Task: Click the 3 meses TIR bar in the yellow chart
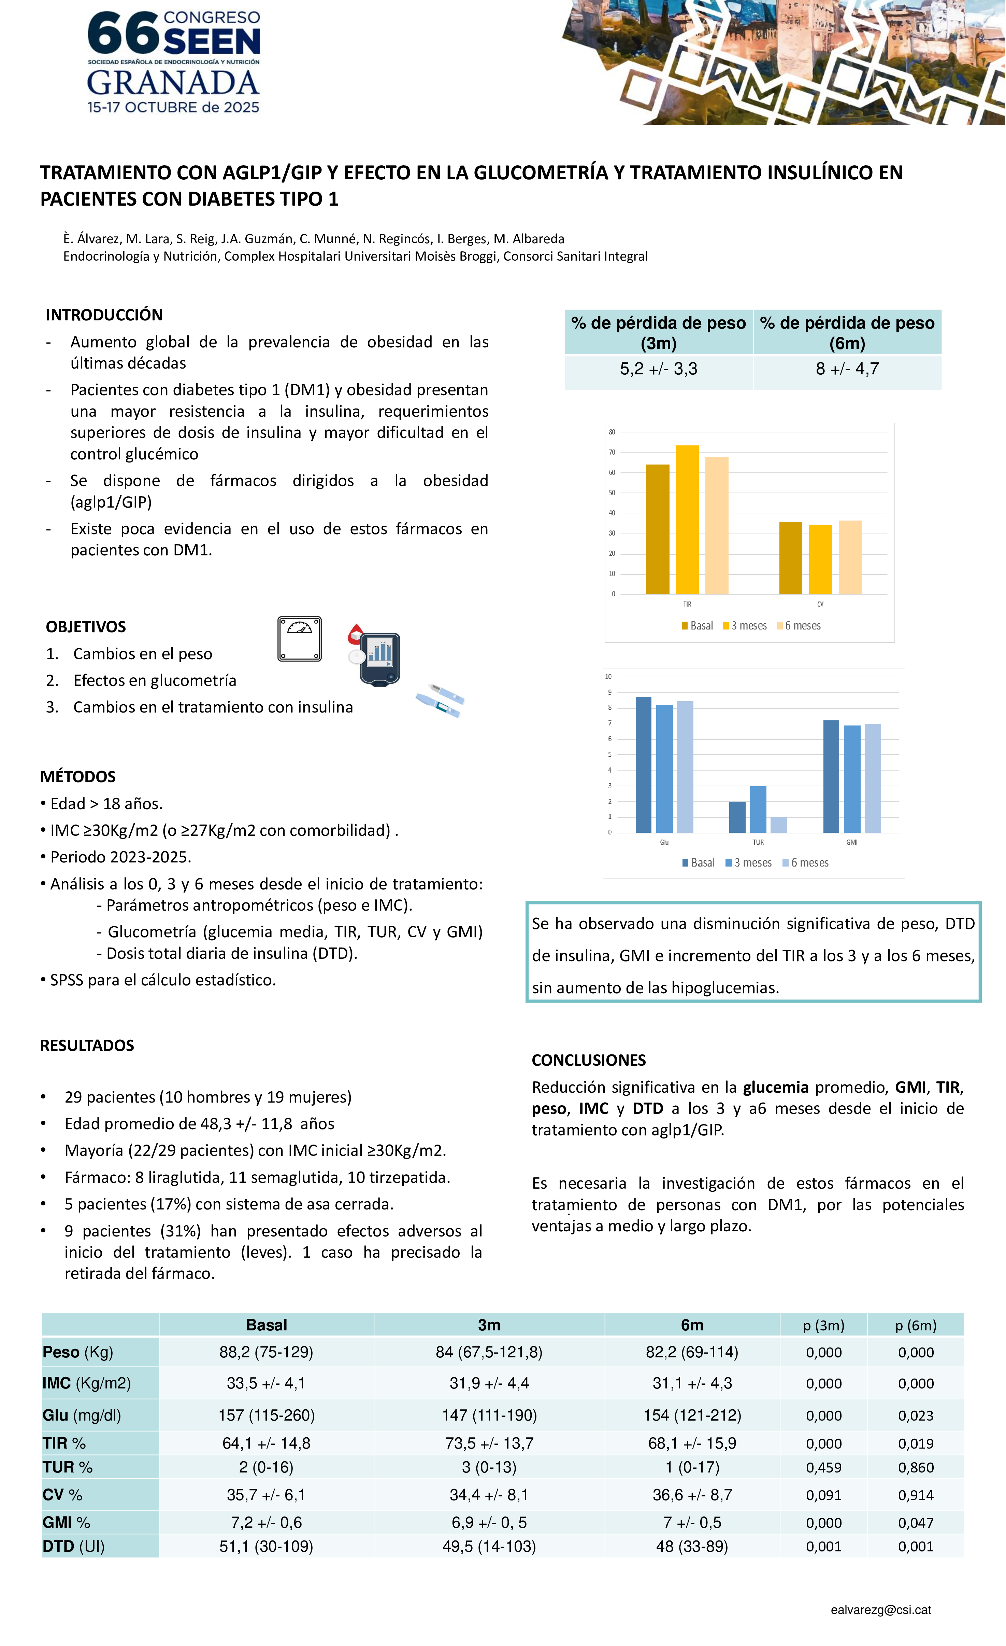click(687, 520)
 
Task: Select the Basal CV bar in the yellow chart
click(790, 558)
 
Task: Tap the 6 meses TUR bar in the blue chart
click(778, 825)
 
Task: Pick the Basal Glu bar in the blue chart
click(644, 765)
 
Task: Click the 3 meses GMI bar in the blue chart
click(852, 779)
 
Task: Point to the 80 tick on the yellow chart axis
click(612, 432)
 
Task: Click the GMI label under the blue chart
click(852, 842)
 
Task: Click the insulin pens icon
click(440, 700)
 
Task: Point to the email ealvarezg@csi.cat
click(880, 1610)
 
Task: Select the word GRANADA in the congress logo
click(173, 83)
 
